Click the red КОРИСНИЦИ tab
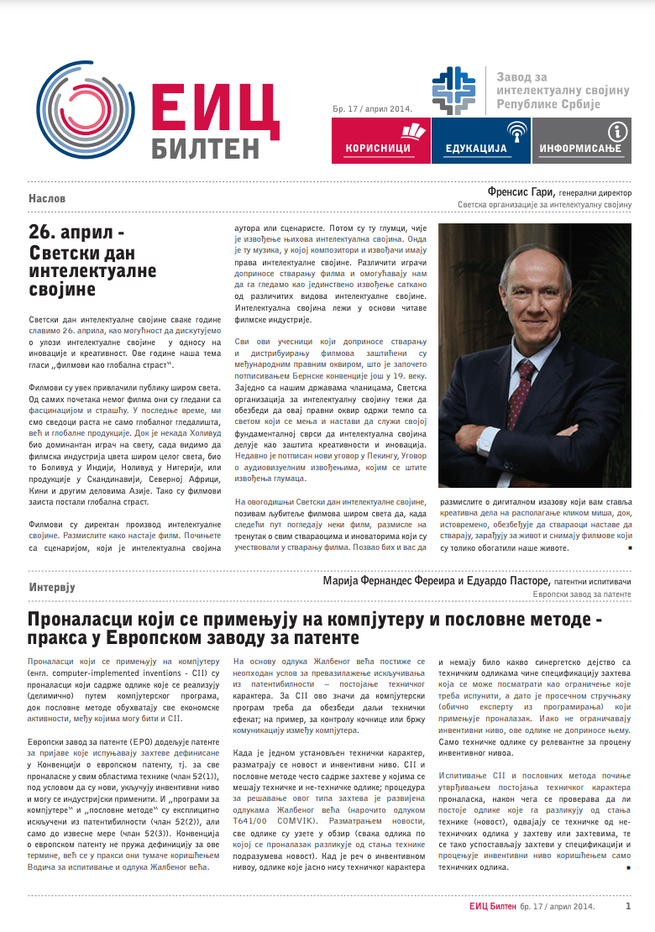pyautogui.click(x=380, y=140)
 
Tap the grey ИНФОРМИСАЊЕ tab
pyautogui.click(x=581, y=140)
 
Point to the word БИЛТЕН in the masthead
pyautogui.click(x=206, y=149)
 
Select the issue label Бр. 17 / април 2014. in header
pyautogui.click(x=370, y=107)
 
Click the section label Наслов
pyautogui.click(x=47, y=199)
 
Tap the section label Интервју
pyautogui.click(x=52, y=587)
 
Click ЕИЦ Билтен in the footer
pyautogui.click(x=493, y=906)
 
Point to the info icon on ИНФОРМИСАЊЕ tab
pyautogui.click(x=618, y=130)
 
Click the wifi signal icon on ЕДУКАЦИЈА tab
pyautogui.click(x=517, y=130)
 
